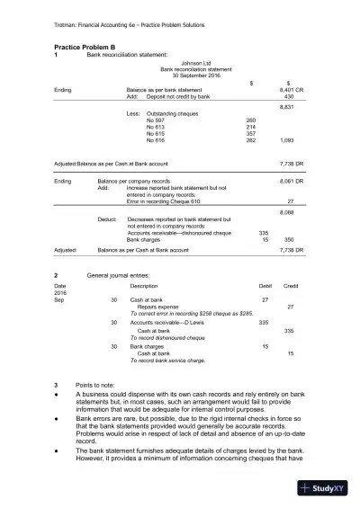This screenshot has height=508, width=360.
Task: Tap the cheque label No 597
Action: (x=157, y=120)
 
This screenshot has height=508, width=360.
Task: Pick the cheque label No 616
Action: (x=157, y=140)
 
